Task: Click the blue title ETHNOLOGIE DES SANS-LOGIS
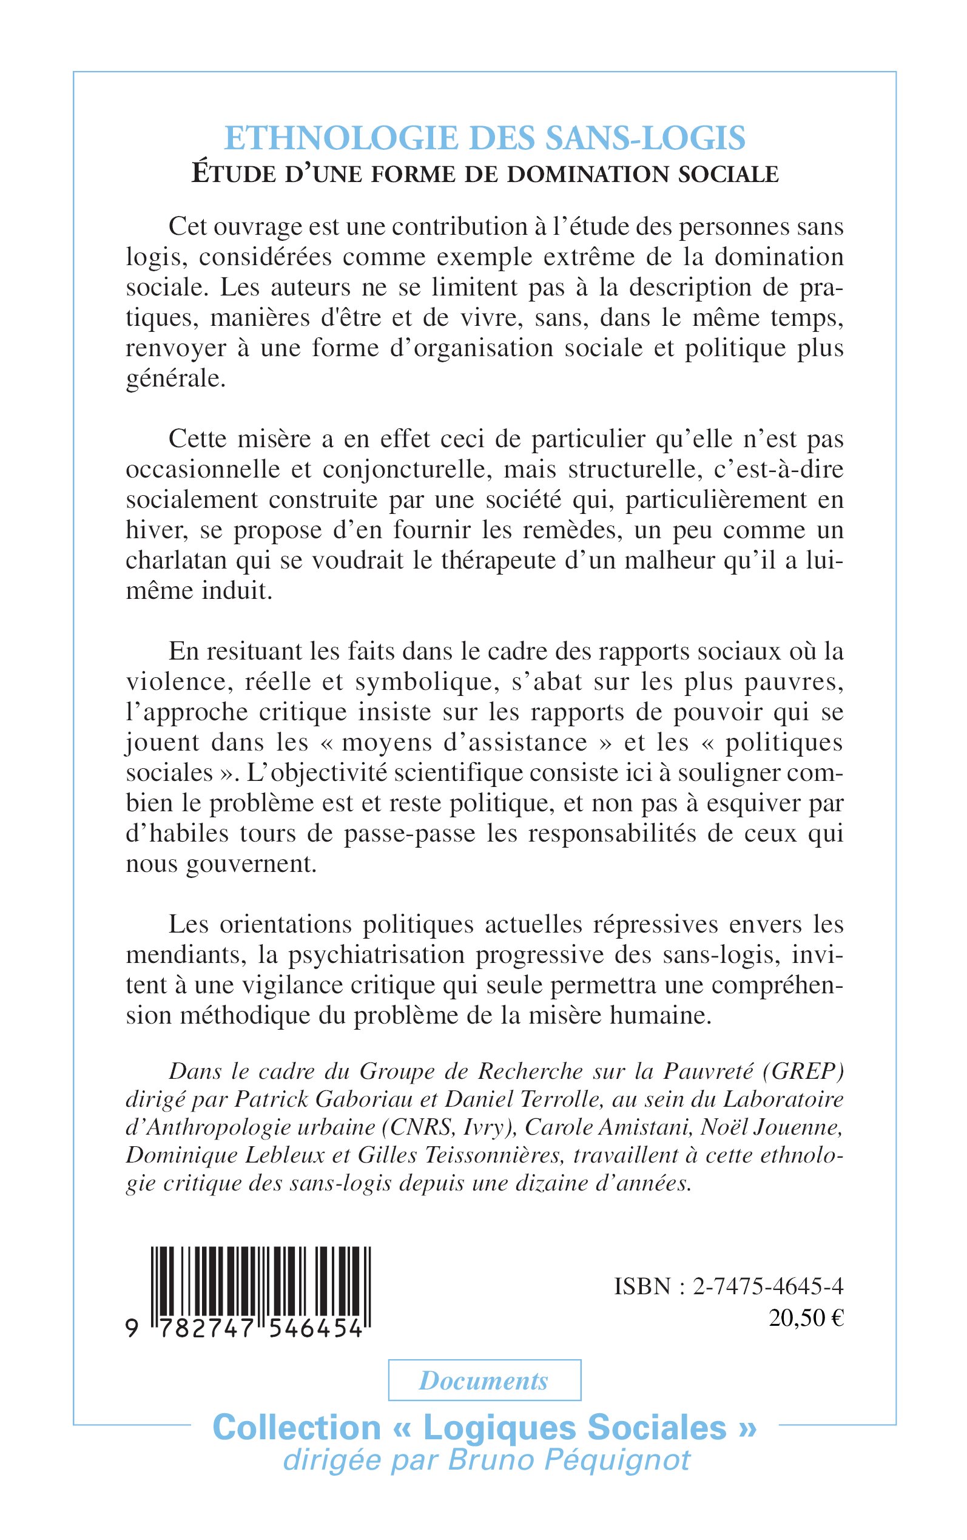coord(484,138)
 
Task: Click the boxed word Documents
coord(483,1381)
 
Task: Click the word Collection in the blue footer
coord(296,1427)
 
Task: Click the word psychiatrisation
coord(377,955)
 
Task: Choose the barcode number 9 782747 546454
coord(246,1329)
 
